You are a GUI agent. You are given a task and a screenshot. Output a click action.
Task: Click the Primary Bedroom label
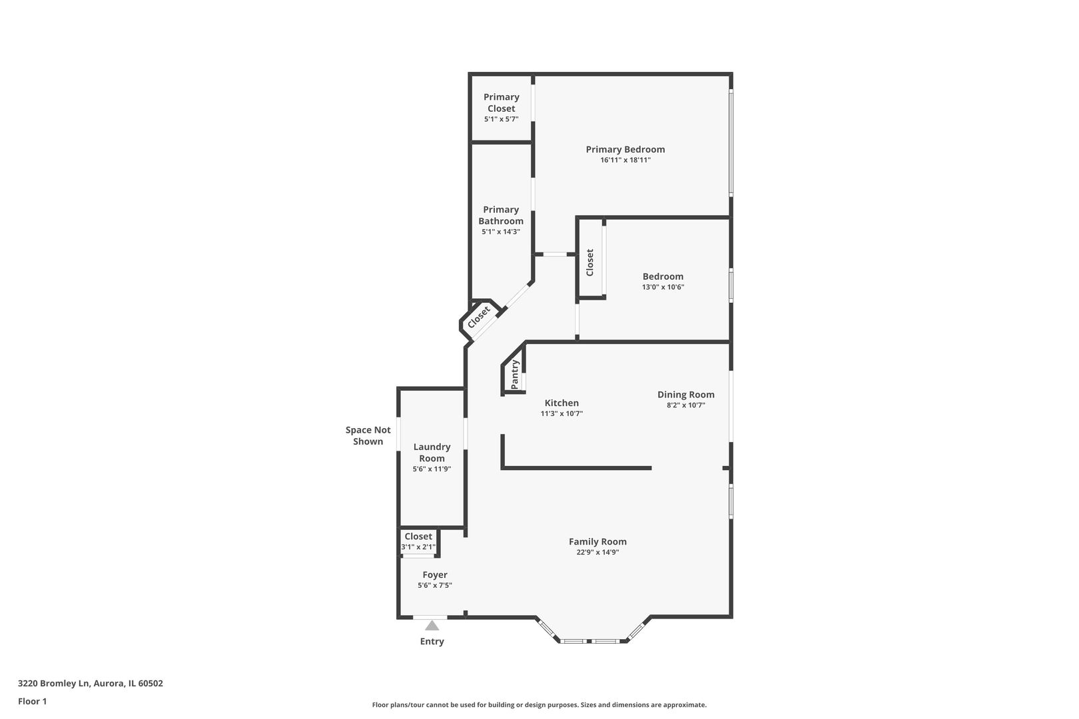(x=625, y=149)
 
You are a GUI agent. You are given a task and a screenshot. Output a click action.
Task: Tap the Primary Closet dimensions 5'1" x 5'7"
(x=501, y=119)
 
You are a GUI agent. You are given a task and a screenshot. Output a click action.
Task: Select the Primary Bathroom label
(x=501, y=215)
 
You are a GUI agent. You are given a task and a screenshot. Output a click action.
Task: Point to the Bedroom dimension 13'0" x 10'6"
(x=663, y=288)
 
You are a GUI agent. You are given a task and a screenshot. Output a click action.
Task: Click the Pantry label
(x=515, y=375)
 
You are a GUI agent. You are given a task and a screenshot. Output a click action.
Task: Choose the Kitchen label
(x=561, y=403)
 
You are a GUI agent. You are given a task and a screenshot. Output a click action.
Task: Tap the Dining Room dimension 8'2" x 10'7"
(x=685, y=405)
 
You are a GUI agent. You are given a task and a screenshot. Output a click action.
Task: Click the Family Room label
(x=597, y=541)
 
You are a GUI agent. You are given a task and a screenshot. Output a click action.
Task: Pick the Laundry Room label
(x=432, y=452)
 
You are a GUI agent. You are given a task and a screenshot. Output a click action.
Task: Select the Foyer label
(x=435, y=575)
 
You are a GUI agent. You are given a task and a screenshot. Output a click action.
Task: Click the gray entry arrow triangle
(x=432, y=626)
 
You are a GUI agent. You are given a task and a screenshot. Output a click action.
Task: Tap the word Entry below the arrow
(x=432, y=641)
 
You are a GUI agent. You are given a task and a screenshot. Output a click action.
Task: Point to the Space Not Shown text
(x=368, y=435)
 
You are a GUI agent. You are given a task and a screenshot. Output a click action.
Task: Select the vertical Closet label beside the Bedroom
(x=589, y=262)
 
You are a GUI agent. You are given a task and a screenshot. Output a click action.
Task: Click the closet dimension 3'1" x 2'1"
(x=418, y=547)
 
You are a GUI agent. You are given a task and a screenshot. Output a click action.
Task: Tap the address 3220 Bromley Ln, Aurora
(x=90, y=683)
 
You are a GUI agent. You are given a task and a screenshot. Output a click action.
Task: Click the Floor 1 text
(x=32, y=701)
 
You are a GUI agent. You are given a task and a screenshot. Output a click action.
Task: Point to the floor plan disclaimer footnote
(x=539, y=704)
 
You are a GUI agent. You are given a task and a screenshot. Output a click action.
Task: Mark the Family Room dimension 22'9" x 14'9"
(x=597, y=552)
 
